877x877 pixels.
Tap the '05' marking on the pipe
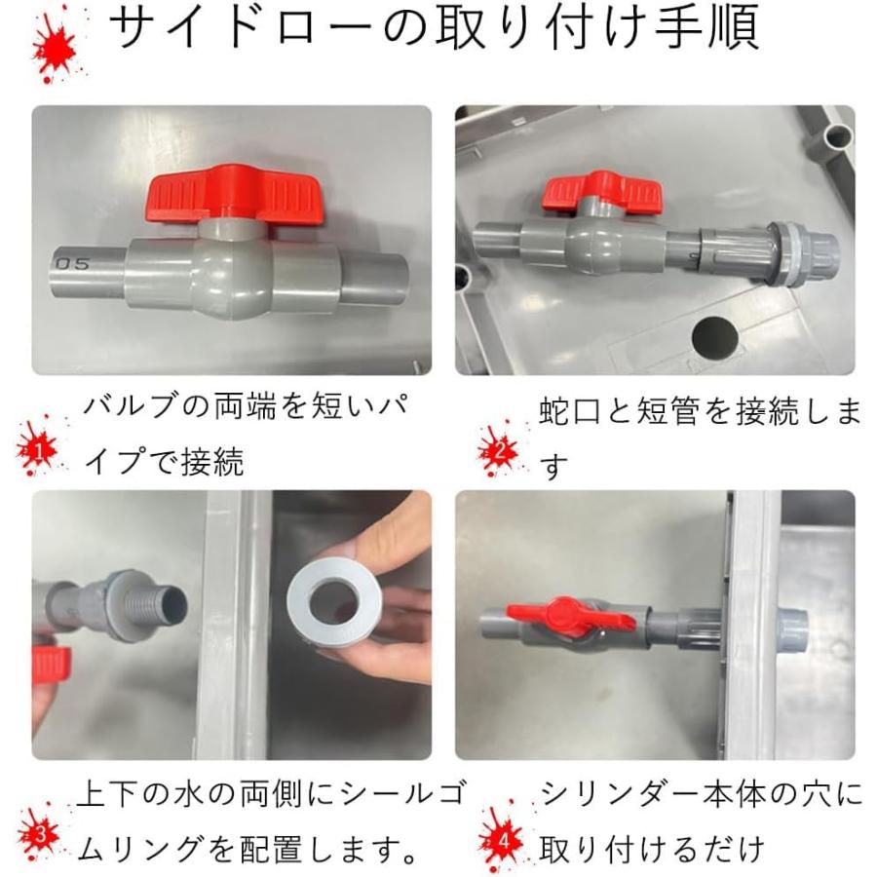coord(72,263)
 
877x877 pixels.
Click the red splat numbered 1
coord(39,447)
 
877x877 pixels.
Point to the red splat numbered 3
coord(39,834)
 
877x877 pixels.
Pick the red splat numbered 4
coord(502,839)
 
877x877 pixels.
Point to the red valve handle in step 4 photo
coord(570,617)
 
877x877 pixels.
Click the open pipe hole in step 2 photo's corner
coord(838,134)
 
